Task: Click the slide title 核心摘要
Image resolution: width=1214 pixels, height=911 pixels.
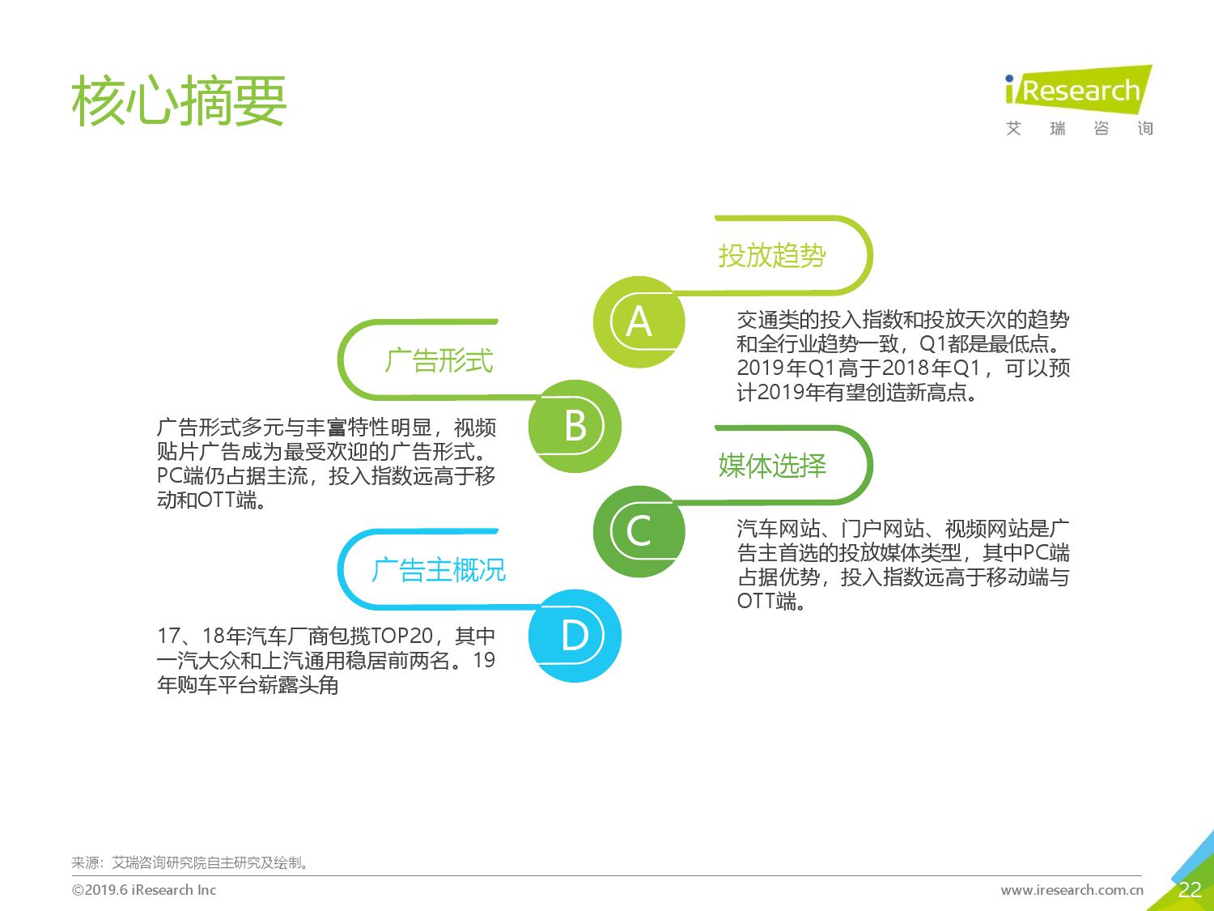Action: click(x=179, y=100)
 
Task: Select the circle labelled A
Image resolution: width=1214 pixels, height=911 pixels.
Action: click(x=639, y=322)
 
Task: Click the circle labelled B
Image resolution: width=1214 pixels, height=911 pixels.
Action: click(x=575, y=426)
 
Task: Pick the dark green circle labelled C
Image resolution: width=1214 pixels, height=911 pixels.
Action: click(x=639, y=531)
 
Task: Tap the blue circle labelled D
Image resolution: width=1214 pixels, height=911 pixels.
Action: click(x=575, y=636)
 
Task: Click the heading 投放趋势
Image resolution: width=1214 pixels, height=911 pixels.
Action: click(x=772, y=256)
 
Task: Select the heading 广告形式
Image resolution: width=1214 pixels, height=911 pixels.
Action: click(x=439, y=360)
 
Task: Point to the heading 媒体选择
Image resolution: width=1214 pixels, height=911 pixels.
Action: click(x=772, y=465)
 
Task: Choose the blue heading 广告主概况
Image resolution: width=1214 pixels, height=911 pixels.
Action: click(x=439, y=570)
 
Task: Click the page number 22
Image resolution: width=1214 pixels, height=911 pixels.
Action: click(x=1190, y=890)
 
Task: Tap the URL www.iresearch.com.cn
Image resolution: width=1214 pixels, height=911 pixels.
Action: click(x=1072, y=890)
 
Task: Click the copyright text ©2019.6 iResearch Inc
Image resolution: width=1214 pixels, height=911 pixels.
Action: click(x=144, y=890)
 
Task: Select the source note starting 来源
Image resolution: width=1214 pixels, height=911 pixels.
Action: click(x=190, y=862)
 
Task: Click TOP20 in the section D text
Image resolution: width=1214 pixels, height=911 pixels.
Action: click(x=401, y=636)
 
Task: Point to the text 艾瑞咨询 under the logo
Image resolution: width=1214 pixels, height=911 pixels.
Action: click(x=1080, y=128)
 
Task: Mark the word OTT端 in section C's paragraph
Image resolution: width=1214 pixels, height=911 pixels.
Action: click(x=767, y=601)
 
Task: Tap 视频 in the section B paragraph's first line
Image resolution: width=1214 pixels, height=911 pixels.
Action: click(x=475, y=428)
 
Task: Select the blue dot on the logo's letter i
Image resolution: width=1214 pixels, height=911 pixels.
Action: click(x=1009, y=79)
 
